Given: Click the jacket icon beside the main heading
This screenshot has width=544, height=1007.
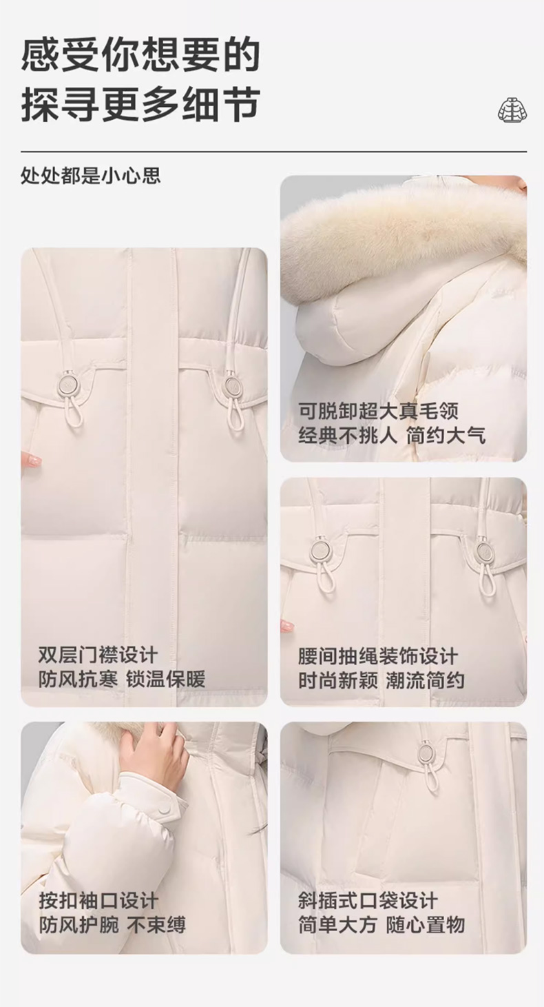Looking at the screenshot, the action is (x=512, y=109).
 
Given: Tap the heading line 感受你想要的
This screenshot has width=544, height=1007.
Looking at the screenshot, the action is (x=141, y=55).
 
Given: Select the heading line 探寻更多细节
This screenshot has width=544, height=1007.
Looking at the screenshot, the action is (x=141, y=105).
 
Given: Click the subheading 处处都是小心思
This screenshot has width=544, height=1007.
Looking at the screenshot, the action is (x=91, y=176).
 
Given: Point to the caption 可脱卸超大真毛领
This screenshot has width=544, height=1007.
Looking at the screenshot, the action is (x=378, y=411).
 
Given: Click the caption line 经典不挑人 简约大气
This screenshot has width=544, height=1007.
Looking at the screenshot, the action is (x=393, y=436).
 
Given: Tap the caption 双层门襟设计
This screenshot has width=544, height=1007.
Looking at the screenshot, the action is (x=98, y=655).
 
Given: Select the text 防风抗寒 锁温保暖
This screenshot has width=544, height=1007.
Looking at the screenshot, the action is (x=122, y=680).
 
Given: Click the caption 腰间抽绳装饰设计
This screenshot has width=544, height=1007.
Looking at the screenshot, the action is (x=378, y=656).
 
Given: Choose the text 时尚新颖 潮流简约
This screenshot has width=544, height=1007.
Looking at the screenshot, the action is (x=382, y=680).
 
